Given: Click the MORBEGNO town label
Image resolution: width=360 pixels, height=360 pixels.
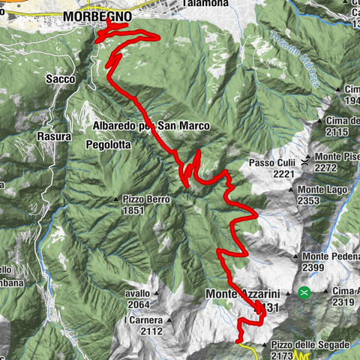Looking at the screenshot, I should click(x=98, y=15).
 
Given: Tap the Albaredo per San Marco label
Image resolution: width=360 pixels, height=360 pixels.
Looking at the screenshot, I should click(x=152, y=125).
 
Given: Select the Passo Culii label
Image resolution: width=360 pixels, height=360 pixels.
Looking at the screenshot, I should click(x=272, y=162).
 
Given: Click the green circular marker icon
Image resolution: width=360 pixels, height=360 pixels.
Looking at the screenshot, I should click(x=304, y=292).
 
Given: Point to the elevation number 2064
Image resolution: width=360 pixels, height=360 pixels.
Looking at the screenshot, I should click(x=139, y=304).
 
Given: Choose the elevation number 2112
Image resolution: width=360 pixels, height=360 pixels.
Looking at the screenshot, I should click(x=151, y=331).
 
